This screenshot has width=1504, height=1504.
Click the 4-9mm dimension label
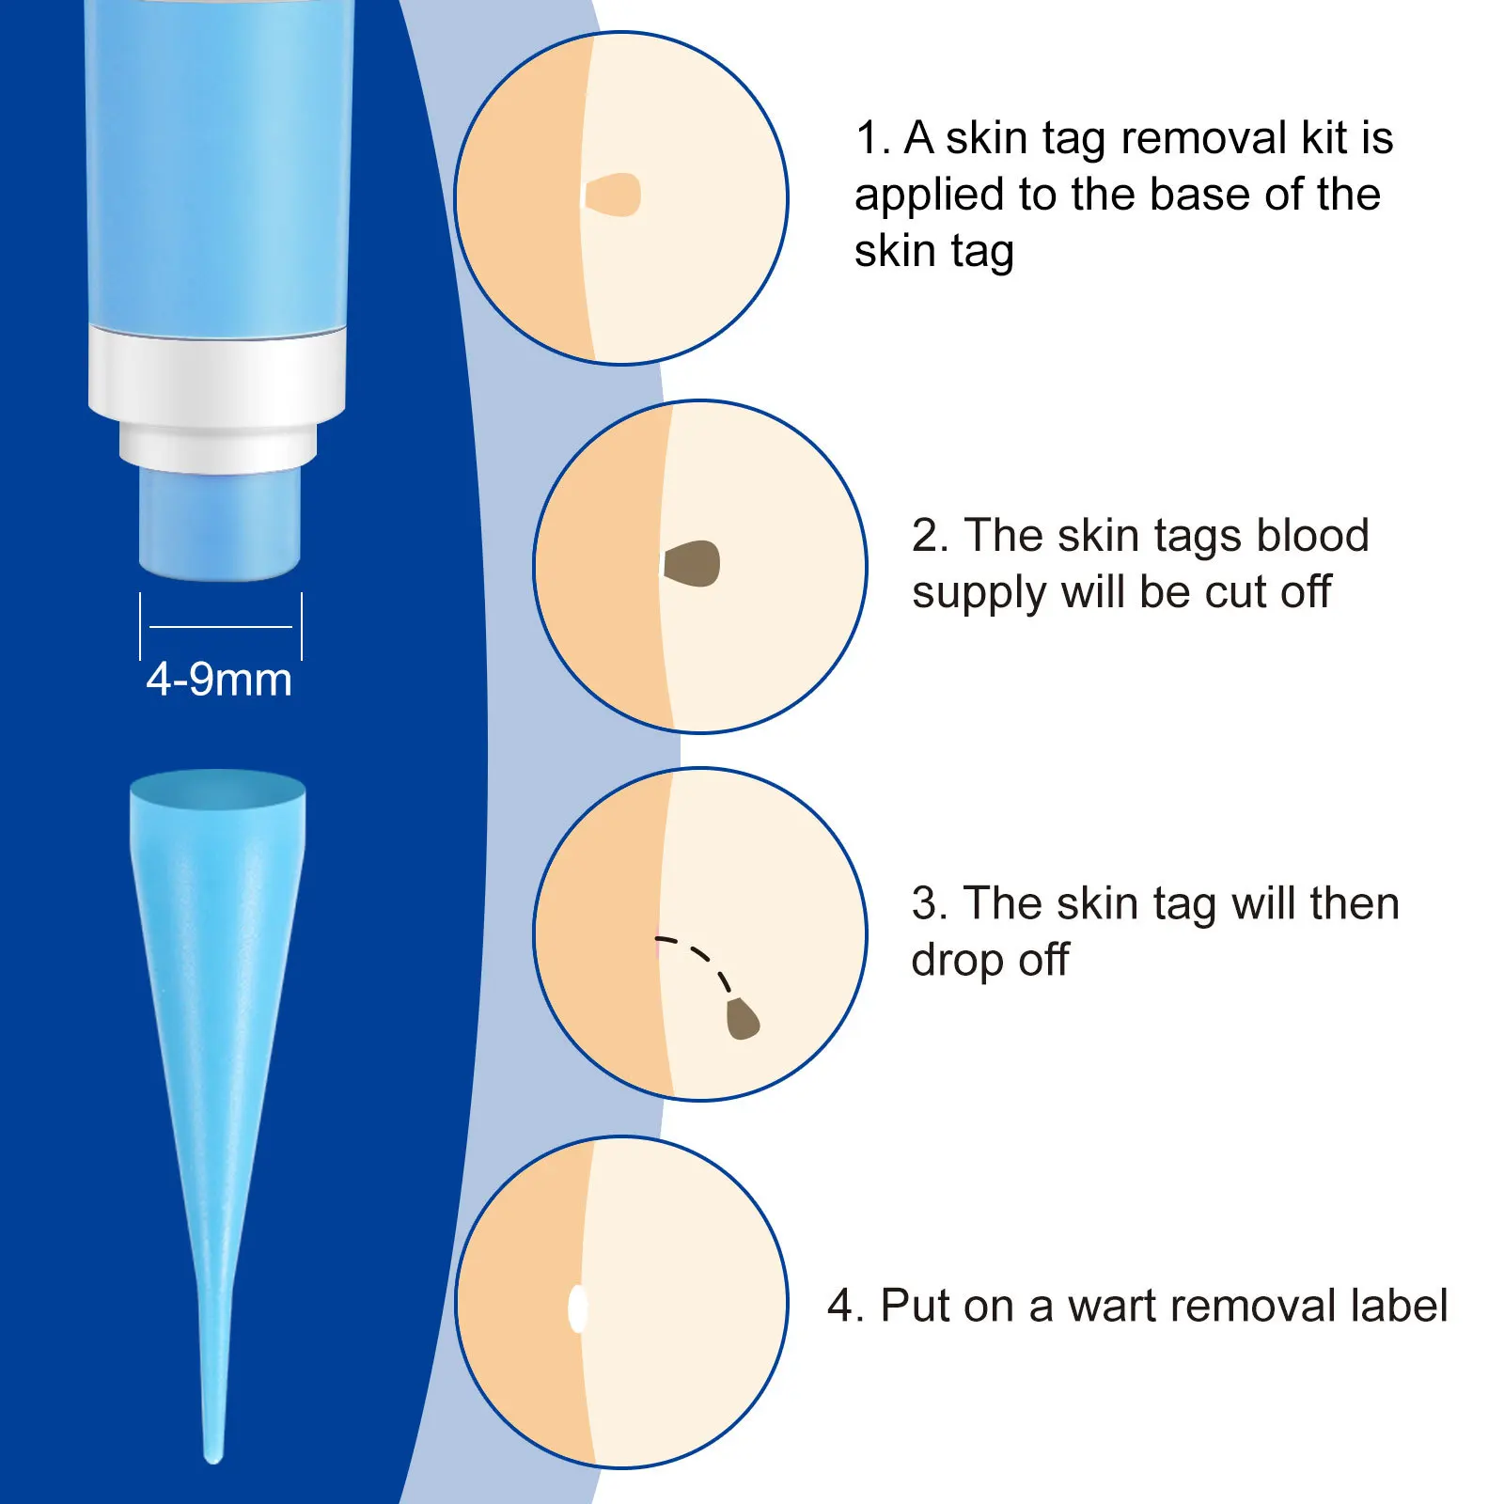click(x=219, y=680)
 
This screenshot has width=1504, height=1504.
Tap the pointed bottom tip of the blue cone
click(x=213, y=1452)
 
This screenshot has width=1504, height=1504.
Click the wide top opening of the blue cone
click(x=217, y=790)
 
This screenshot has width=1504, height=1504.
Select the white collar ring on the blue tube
click(x=217, y=376)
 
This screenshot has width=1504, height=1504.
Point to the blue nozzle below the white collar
click(x=220, y=524)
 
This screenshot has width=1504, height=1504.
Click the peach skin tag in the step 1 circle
click(x=613, y=196)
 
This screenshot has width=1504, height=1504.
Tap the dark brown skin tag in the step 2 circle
click(x=692, y=564)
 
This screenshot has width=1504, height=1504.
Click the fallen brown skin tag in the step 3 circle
click(x=743, y=1019)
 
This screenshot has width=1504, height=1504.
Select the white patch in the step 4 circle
click(x=578, y=1308)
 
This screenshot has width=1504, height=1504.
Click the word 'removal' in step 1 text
click(x=1204, y=138)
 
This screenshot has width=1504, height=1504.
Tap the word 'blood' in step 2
click(x=1312, y=536)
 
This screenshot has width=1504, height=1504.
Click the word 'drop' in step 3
click(x=957, y=961)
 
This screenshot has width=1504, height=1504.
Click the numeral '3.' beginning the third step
click(x=930, y=903)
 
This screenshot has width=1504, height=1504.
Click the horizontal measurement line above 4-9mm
click(x=221, y=626)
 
